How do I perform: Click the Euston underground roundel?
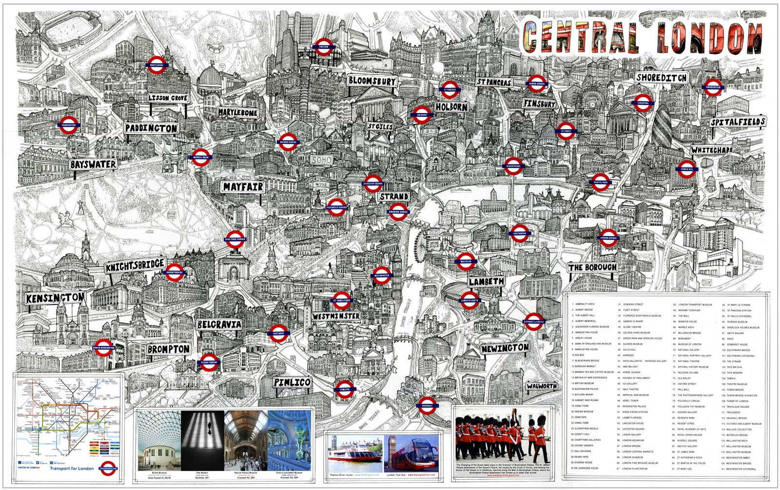click(x=324, y=47)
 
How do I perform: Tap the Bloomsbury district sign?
click(x=372, y=81)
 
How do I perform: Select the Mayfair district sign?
click(x=243, y=187)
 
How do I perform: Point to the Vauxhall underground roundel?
click(x=427, y=405)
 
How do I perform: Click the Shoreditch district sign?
click(x=662, y=77)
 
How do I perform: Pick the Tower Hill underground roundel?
click(x=686, y=169)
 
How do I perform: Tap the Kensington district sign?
click(x=55, y=298)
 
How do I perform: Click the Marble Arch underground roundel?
click(x=201, y=157)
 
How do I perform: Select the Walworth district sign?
click(x=541, y=386)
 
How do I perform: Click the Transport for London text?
click(x=72, y=469)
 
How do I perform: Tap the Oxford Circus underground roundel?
click(x=288, y=142)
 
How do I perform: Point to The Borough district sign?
click(x=592, y=267)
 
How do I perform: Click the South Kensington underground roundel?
click(x=103, y=348)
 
